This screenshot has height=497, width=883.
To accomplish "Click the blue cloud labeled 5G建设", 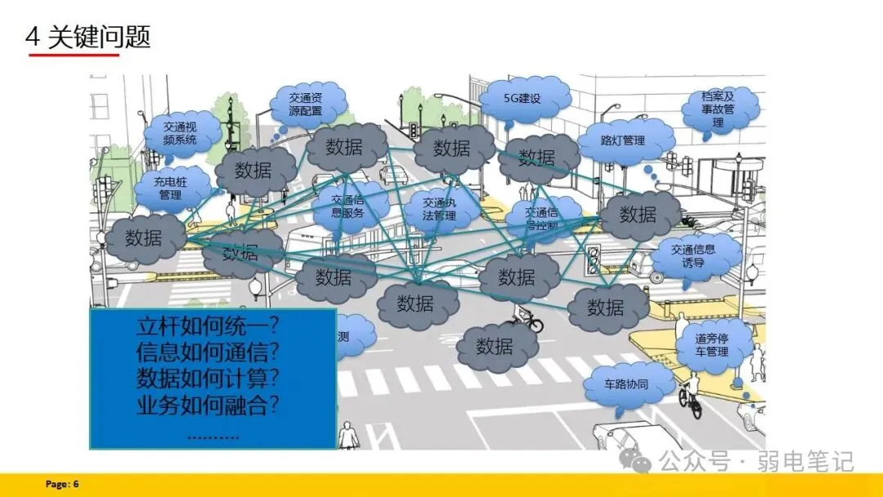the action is pyautogui.click(x=523, y=99).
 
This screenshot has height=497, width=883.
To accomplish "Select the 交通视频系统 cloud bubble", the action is pyautogui.click(x=181, y=133).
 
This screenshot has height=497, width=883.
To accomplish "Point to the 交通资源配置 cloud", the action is pyautogui.click(x=305, y=104).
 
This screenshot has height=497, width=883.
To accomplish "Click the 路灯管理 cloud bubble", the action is pyautogui.click(x=623, y=140).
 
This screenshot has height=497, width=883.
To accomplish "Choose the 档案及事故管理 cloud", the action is pyautogui.click(x=718, y=110).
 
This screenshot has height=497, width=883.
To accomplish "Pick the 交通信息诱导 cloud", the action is pyautogui.click(x=693, y=256).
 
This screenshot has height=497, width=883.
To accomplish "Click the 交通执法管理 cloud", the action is pyautogui.click(x=440, y=209).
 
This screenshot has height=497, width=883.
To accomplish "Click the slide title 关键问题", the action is pyautogui.click(x=99, y=38).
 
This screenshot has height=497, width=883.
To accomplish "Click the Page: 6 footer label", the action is pyautogui.click(x=62, y=485).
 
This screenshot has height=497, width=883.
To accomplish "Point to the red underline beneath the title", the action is pyautogui.click(x=74, y=55).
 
